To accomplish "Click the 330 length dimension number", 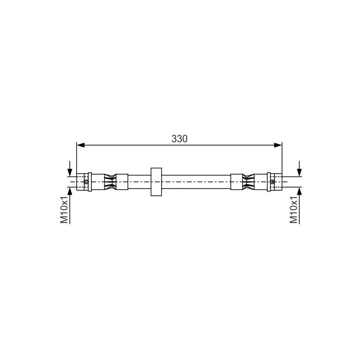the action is [x=179, y=139].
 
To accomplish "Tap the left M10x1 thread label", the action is [x=64, y=210].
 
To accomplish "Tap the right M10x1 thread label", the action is [x=294, y=210].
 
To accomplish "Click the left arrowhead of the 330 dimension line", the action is [x=81, y=145].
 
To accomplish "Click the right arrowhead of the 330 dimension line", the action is [x=278, y=145].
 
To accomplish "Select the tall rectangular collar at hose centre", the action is [x=156, y=182].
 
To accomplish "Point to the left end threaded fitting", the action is [x=82, y=182].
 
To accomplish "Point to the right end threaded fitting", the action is [x=276, y=182].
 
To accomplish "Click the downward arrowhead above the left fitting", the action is [x=70, y=172].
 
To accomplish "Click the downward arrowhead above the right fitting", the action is [x=299, y=172].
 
